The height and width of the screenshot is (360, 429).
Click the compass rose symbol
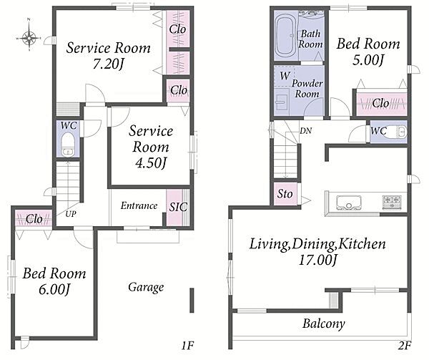coord(29,37)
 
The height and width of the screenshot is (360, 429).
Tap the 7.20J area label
coord(109,64)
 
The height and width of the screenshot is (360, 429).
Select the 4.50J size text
coord(151,163)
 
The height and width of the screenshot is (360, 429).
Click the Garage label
coord(146,288)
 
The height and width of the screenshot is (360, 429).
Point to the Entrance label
coord(139,205)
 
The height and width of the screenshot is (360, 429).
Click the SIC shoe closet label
coord(178,207)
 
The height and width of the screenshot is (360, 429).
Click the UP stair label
coord(71,214)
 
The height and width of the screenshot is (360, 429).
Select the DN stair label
coord(305,131)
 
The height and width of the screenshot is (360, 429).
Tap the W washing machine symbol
coord(285,76)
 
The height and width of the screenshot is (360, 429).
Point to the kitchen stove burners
coord(392,203)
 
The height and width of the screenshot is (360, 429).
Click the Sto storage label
coord(285,194)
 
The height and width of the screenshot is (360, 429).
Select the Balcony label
coord(324,324)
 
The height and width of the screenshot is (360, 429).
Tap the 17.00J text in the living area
coord(317,260)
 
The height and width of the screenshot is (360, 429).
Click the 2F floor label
coord(405,346)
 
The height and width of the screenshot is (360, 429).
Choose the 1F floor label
coord(187,346)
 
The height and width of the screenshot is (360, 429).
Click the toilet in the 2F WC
coord(398,132)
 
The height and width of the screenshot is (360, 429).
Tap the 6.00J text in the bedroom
coord(54,290)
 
